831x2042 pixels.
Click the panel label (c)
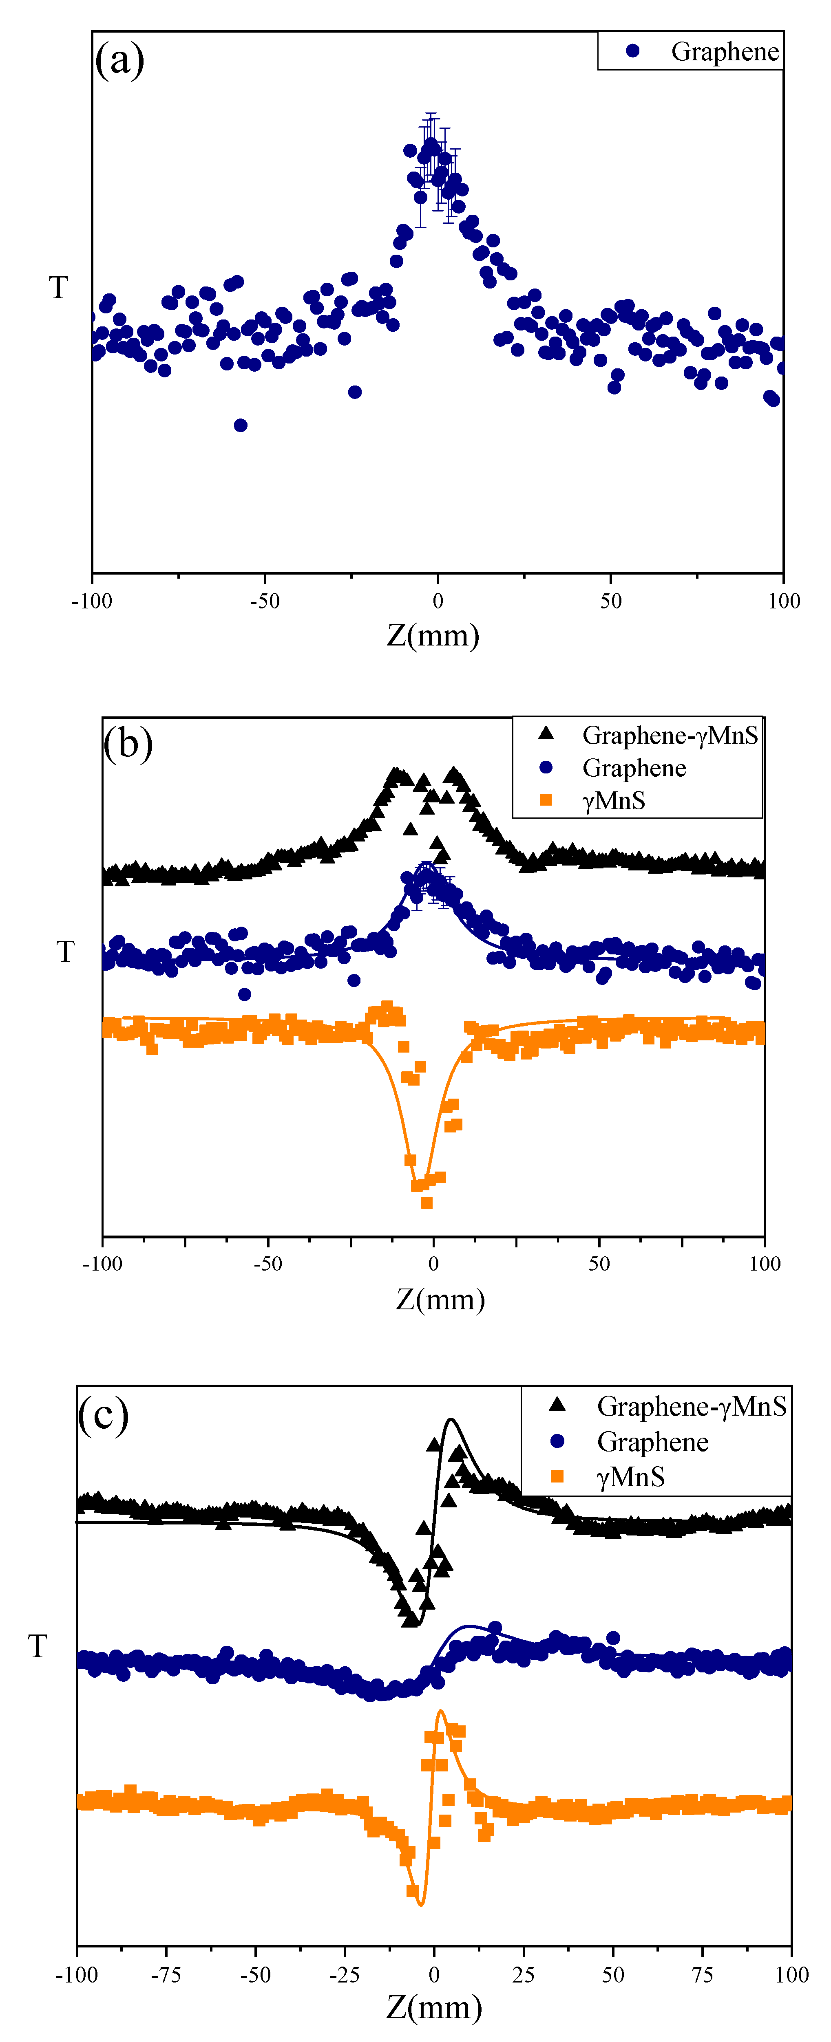click(x=103, y=1415)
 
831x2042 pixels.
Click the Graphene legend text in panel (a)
click(x=724, y=51)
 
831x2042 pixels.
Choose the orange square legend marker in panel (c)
click(x=557, y=1476)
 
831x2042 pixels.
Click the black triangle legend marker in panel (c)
click(x=557, y=1405)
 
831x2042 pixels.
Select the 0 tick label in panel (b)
click(x=433, y=1264)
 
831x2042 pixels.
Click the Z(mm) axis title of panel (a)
click(x=433, y=636)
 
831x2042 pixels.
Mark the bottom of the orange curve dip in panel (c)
click(x=420, y=1905)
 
